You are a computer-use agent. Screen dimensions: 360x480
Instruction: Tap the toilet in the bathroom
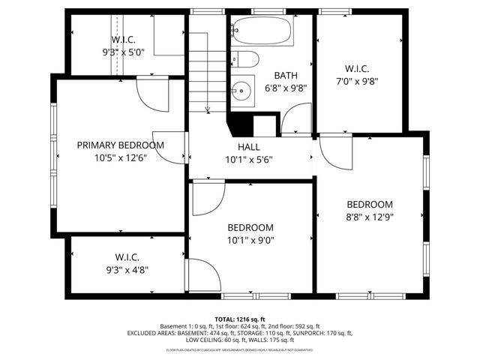pos(245,59)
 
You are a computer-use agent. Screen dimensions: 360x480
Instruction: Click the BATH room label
pos(286,75)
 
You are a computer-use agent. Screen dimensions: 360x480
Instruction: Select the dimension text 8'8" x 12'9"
pos(369,217)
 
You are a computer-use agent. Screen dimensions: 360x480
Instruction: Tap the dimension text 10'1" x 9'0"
pos(250,241)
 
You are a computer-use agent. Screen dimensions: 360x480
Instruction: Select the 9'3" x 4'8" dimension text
pos(127,270)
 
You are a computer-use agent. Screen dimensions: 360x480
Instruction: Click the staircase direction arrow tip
pos(208,110)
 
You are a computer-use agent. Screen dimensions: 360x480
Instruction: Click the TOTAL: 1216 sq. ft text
pos(240,319)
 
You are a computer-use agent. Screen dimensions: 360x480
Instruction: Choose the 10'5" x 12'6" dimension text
pos(120,158)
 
